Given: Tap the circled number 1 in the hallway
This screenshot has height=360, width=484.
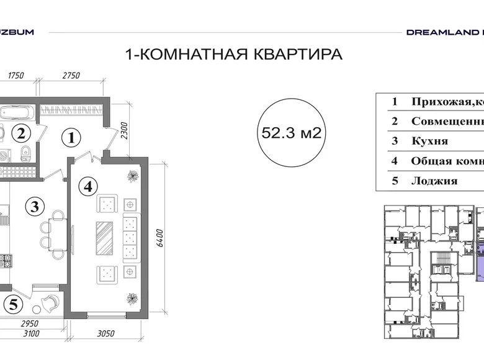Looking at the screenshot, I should click(x=72, y=138).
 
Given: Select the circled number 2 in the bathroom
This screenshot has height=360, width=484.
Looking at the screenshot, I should click(x=22, y=132).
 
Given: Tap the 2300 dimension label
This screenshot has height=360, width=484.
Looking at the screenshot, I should click(x=123, y=132).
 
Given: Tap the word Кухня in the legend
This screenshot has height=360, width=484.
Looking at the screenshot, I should click(x=429, y=141).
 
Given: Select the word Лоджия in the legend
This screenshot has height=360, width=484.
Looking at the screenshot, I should click(x=434, y=181).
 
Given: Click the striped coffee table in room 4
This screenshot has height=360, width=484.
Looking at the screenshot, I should click(x=104, y=237).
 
